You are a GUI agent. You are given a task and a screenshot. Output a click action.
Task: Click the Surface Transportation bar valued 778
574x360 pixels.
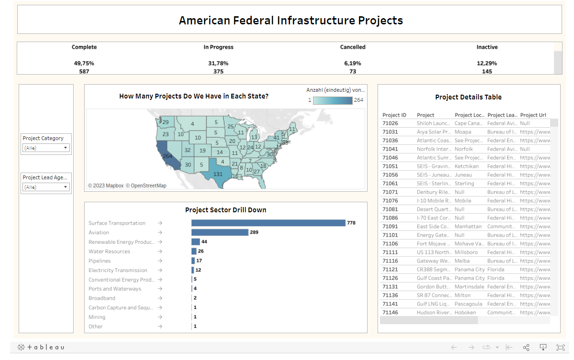pos(268,223)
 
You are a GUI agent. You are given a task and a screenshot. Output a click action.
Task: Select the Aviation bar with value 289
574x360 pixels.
pos(220,232)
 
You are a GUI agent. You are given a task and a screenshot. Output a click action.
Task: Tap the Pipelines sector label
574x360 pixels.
pos(99,261)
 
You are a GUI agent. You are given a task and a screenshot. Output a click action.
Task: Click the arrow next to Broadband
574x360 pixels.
pos(160,298)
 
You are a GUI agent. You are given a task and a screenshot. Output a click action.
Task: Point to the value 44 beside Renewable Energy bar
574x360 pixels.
pos(204,242)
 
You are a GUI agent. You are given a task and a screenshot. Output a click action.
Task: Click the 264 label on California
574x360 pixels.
pos(167,156)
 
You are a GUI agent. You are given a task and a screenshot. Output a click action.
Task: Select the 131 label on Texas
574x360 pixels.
pos(218,174)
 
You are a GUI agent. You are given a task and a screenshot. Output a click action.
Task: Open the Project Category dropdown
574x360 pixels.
pos(46,148)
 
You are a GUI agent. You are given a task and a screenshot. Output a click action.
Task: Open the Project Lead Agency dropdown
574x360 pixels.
pos(46,187)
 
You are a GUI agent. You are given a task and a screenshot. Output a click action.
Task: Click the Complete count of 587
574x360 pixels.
pos(84,71)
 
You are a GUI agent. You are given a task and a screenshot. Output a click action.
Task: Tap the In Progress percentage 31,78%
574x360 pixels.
pos(218,63)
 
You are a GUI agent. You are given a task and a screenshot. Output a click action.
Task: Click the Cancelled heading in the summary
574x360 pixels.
pos(353,47)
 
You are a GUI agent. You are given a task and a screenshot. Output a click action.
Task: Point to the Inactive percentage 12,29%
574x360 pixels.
pos(487,63)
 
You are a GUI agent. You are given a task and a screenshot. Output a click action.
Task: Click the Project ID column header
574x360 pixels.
pos(394,115)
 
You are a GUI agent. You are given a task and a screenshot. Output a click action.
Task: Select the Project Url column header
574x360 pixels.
pos(533,115)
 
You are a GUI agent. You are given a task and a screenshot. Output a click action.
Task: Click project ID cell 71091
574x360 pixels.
pos(390,226)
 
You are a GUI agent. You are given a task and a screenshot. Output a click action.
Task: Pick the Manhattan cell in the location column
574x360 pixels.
pos(468,226)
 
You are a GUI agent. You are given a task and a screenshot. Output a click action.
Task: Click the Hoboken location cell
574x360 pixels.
pos(465,312)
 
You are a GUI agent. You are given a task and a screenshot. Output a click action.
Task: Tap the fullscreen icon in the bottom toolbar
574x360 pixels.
pos(560,347)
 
